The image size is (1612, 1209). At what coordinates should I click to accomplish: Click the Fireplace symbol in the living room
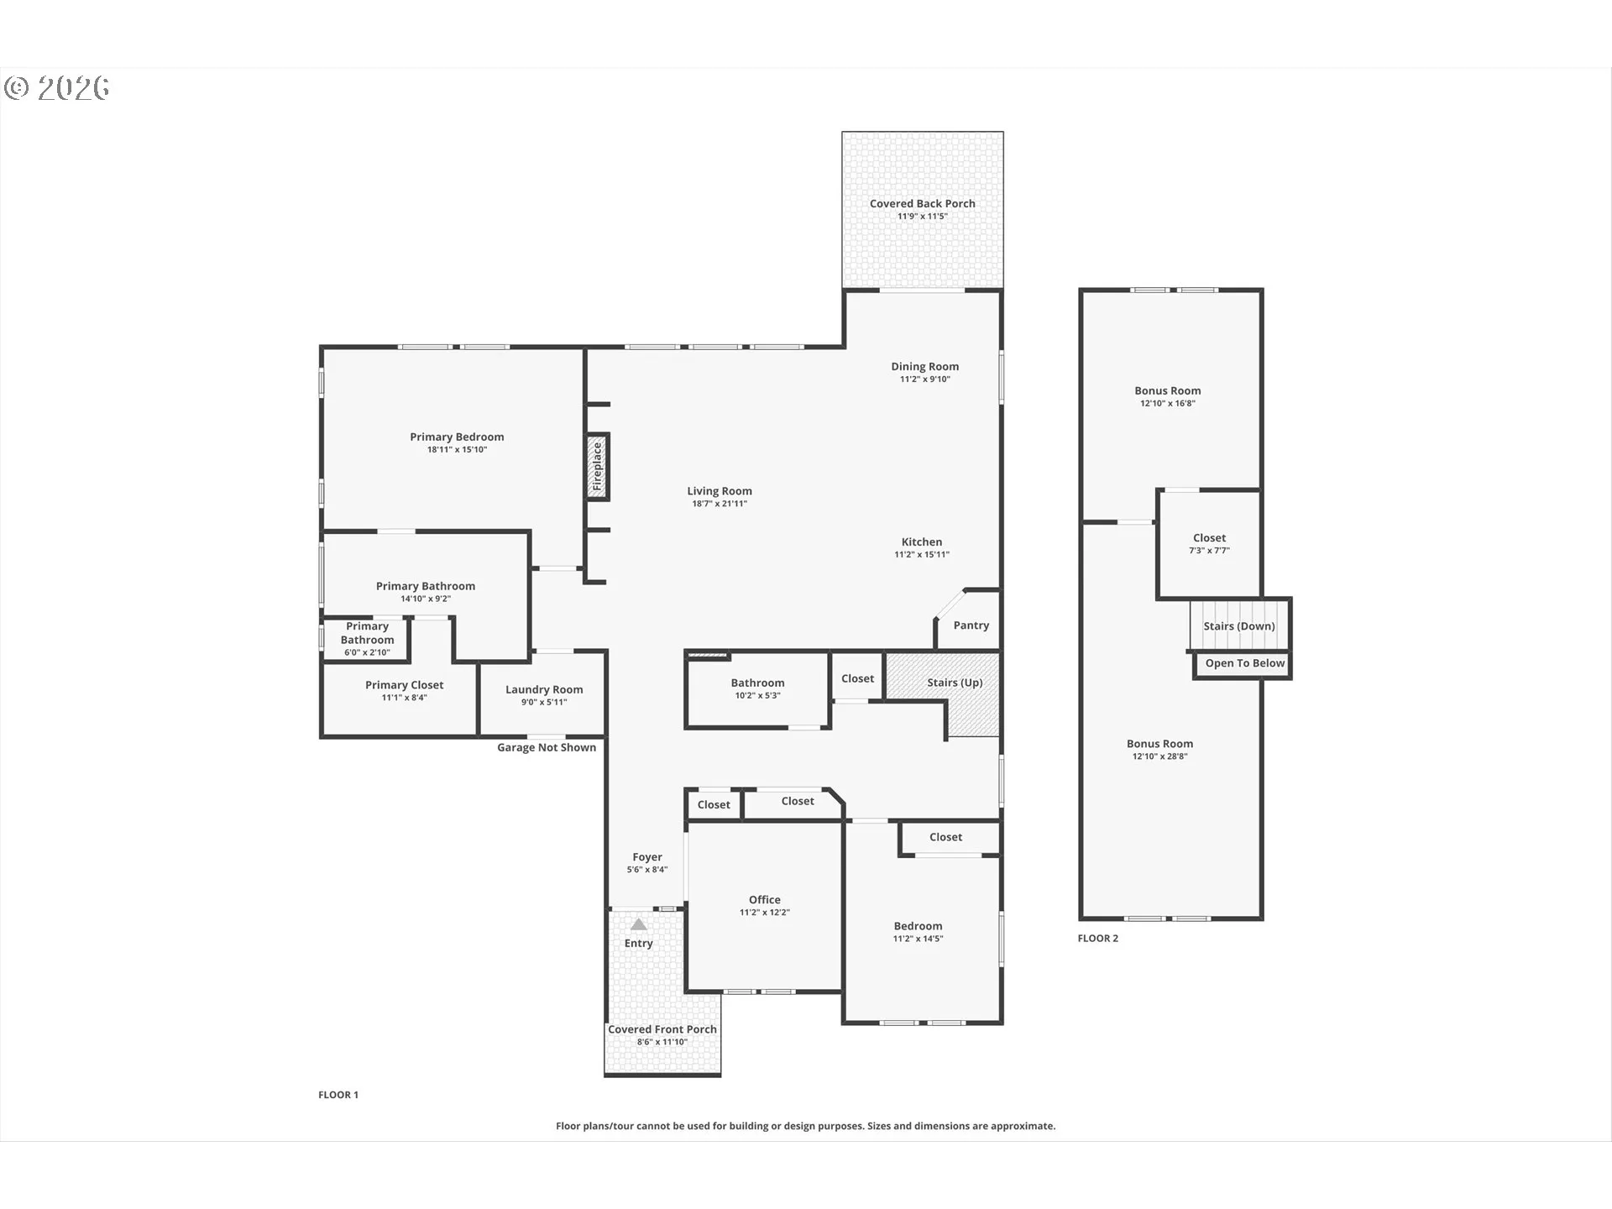tap(597, 467)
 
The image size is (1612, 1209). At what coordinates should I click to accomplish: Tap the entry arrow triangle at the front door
tap(639, 924)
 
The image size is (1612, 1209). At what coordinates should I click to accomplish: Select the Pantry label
tap(971, 625)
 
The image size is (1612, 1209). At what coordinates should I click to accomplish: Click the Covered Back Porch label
tap(923, 203)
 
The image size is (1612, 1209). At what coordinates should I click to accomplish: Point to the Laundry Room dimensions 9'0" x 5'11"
tap(544, 702)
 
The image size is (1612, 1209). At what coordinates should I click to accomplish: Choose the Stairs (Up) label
tap(955, 683)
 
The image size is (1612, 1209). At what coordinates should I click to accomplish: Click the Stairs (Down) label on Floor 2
tap(1239, 626)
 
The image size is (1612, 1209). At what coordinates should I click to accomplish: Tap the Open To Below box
tap(1243, 664)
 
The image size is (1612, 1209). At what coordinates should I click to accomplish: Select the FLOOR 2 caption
tap(1098, 939)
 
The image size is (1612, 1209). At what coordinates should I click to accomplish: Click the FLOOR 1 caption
tap(338, 1095)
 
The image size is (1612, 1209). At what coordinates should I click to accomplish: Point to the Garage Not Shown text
tap(547, 748)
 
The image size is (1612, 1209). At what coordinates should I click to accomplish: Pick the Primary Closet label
tap(405, 685)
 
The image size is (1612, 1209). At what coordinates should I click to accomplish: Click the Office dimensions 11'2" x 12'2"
tap(765, 913)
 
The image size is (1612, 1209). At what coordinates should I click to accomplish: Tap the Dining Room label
tap(925, 366)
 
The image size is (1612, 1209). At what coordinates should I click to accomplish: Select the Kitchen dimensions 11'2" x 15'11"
tap(922, 555)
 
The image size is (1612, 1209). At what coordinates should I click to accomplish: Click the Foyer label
tap(647, 857)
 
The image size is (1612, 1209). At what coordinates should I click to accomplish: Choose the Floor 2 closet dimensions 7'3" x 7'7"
tap(1210, 551)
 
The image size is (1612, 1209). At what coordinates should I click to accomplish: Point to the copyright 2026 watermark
tap(57, 88)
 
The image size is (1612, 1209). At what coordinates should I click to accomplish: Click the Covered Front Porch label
tap(662, 1029)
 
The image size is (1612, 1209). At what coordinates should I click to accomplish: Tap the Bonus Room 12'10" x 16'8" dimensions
tap(1168, 404)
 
